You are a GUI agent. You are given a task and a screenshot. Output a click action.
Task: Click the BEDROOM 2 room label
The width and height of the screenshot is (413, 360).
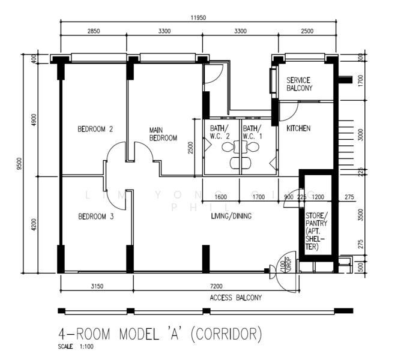click(x=95, y=128)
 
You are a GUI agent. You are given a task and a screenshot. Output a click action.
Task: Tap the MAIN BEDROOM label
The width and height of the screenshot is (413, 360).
click(x=163, y=133)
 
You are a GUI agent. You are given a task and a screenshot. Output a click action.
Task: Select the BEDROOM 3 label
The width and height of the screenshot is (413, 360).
click(x=95, y=217)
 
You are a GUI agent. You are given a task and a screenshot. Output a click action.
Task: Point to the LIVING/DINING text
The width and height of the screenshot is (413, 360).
click(x=231, y=216)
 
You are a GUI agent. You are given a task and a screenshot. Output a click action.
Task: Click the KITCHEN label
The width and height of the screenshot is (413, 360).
click(x=298, y=128)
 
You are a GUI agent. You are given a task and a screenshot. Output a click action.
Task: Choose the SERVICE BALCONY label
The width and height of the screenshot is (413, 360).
click(x=299, y=84)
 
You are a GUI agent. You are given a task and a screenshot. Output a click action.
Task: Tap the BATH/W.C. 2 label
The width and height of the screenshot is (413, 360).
click(x=220, y=132)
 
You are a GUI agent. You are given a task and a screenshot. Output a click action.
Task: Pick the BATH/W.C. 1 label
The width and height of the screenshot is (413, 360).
click(x=253, y=132)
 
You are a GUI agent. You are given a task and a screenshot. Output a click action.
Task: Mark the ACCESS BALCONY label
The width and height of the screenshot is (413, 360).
click(x=235, y=298)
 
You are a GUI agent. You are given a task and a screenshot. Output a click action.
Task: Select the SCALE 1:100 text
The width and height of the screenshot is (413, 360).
click(x=76, y=346)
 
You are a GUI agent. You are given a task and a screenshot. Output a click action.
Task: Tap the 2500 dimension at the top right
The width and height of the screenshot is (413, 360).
click(x=306, y=31)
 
